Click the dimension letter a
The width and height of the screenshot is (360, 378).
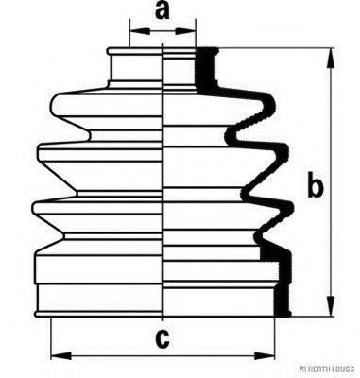(163, 10)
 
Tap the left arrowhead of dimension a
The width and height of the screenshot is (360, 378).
(140, 31)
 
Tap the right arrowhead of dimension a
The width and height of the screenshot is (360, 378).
(185, 31)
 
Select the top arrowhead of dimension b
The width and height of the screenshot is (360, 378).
(331, 59)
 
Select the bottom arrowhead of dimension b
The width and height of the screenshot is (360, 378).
(331, 305)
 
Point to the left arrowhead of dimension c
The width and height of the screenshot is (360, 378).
(61, 356)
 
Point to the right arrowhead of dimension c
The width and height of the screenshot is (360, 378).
(265, 356)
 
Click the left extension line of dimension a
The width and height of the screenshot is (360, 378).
(129, 34)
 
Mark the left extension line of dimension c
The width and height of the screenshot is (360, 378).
(51, 338)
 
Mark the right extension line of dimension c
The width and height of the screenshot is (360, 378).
(275, 338)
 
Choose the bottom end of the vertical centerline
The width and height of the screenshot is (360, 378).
(163, 320)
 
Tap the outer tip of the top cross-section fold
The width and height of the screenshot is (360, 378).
(275, 106)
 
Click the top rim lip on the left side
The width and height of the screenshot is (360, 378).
(110, 51)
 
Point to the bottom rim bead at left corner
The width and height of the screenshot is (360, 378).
(37, 314)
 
